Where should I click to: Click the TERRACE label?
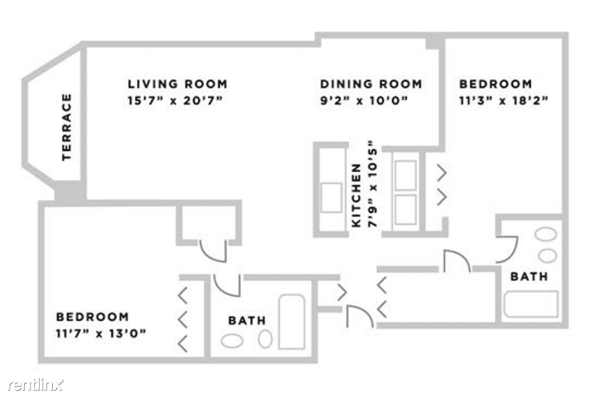(x=67, y=127)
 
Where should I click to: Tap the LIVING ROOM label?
(x=177, y=83)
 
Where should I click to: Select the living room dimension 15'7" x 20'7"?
(x=175, y=101)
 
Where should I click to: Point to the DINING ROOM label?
(x=371, y=83)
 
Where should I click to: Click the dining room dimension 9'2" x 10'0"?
(x=364, y=101)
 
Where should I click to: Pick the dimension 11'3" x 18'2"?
(x=503, y=101)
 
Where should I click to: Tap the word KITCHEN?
(x=356, y=196)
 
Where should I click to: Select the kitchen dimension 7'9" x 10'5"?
(x=372, y=184)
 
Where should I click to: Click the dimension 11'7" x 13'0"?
(x=101, y=333)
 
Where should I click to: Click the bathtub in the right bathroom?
(x=531, y=304)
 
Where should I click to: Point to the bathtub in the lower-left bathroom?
(x=292, y=322)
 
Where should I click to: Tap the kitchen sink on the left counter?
(x=331, y=198)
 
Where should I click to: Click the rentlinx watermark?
(x=35, y=385)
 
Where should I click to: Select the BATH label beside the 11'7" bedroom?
(x=247, y=321)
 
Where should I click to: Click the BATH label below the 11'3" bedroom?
(x=529, y=276)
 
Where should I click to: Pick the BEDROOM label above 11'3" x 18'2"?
(x=495, y=83)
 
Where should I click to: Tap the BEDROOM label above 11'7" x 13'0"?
(x=93, y=317)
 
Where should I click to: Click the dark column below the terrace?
(x=70, y=192)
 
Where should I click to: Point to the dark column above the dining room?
(x=435, y=42)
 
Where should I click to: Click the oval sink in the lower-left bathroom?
(x=232, y=341)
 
